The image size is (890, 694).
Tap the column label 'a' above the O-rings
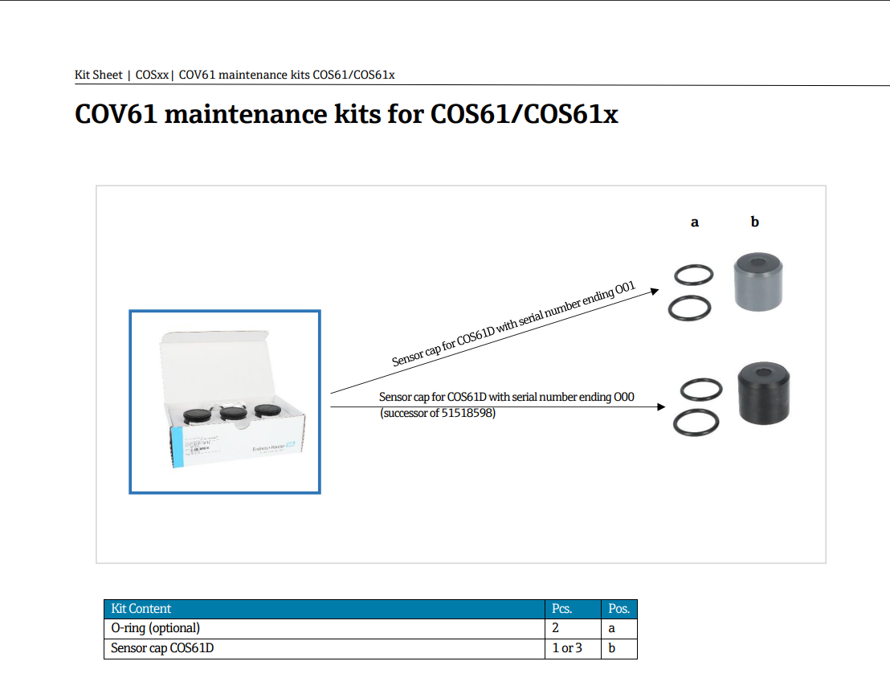tap(695, 222)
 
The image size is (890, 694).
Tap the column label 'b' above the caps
tap(754, 222)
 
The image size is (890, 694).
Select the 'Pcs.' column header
tap(561, 609)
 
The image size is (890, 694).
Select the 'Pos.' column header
tap(619, 609)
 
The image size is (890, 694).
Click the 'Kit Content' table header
tap(141, 609)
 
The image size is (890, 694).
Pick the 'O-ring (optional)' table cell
tap(155, 628)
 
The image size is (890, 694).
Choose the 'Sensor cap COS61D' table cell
tap(162, 648)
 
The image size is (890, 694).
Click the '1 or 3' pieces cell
tap(567, 648)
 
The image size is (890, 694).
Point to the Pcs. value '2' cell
tap(555, 628)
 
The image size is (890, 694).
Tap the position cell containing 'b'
tap(612, 648)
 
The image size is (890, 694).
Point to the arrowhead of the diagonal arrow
tap(655, 291)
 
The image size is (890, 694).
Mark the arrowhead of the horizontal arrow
tap(661, 407)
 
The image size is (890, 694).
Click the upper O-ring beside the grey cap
tap(692, 276)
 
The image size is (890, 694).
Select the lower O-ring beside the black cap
tap(696, 423)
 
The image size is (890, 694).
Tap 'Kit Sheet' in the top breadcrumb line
tap(98, 75)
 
